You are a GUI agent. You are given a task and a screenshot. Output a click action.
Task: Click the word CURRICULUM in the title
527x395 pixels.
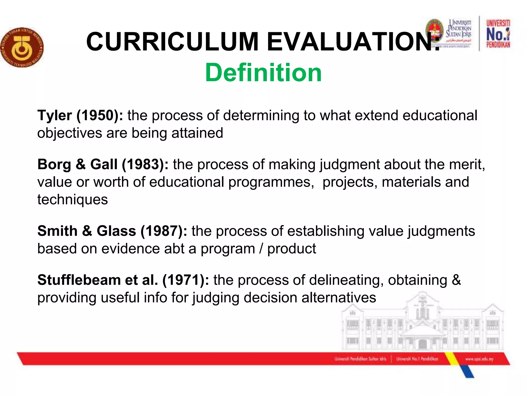[x=172, y=42]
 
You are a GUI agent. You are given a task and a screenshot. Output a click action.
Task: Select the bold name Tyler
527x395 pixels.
[x=55, y=115]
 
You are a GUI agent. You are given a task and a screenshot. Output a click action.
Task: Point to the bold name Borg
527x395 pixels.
[x=54, y=164]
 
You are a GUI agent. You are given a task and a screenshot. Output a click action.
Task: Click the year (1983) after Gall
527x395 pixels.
[x=145, y=164]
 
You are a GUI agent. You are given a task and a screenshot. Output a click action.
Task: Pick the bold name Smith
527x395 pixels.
[x=57, y=231]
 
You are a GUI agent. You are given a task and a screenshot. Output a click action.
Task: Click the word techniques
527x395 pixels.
[x=73, y=200]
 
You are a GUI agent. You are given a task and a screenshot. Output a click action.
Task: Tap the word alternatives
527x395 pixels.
[x=339, y=298]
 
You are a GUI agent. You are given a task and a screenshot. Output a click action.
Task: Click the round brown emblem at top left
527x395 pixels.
[x=22, y=47]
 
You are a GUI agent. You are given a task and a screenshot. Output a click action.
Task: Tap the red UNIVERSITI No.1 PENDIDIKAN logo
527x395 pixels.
[x=498, y=34]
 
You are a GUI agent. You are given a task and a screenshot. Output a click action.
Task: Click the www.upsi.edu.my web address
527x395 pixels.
[x=479, y=359]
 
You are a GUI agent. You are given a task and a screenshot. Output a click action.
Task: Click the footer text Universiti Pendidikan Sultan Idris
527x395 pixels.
[x=360, y=359]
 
